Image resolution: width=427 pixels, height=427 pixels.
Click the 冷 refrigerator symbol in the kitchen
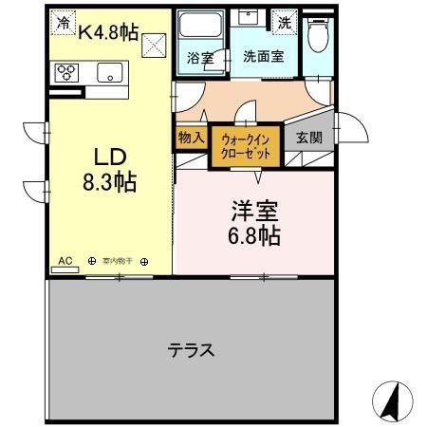click(x=64, y=23)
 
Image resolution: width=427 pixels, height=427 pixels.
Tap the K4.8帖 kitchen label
click(x=108, y=32)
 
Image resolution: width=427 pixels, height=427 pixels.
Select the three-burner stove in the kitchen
click(x=71, y=73)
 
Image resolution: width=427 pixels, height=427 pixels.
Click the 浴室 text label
click(x=199, y=56)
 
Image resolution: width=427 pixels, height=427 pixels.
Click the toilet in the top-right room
click(x=321, y=36)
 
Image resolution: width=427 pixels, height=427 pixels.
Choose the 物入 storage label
click(x=191, y=138)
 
